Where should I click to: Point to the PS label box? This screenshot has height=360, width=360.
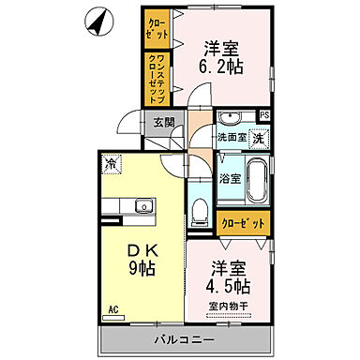point(265,116)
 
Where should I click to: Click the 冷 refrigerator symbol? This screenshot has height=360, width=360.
point(111,165)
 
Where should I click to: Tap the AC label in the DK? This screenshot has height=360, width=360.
point(112,307)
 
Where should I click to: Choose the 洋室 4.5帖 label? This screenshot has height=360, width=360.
point(228,277)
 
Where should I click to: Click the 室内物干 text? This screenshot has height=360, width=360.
point(229,307)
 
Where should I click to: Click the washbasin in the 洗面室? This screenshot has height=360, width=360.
point(230,118)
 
